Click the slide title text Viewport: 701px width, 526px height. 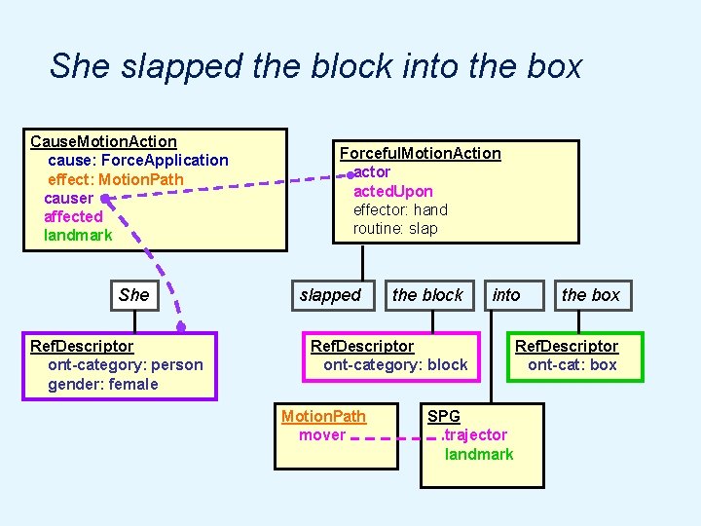[315, 66]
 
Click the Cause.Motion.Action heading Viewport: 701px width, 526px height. [103, 141]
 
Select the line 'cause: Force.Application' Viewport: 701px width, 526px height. [137, 160]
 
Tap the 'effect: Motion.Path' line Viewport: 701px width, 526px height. [115, 178]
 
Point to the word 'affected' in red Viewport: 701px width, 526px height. [73, 216]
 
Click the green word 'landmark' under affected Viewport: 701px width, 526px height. [78, 235]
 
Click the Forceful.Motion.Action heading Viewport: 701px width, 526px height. [420, 153]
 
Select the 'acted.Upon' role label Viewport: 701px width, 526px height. [392, 191]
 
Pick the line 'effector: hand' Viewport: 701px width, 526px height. [400, 209]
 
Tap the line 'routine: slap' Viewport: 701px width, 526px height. [395, 228]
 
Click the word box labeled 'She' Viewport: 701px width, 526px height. [133, 295]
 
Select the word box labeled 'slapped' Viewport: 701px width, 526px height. [330, 295]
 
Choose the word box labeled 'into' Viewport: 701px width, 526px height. [506, 295]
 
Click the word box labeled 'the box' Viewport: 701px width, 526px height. [590, 295]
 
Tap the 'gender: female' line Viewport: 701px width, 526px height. [102, 384]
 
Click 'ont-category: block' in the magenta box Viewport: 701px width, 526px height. [395, 365]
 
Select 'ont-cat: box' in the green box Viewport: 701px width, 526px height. [572, 365]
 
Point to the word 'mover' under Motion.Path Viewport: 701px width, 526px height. [322, 434]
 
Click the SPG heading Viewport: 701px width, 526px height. [443, 416]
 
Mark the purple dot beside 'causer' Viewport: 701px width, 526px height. [105, 198]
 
